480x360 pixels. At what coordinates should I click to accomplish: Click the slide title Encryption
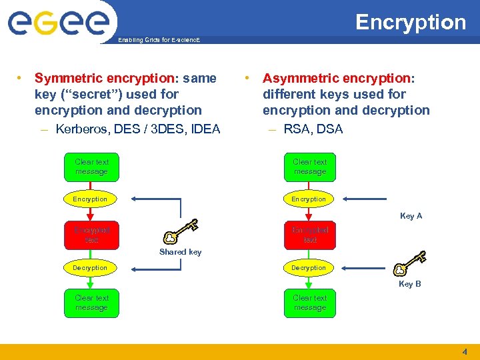tap(410, 22)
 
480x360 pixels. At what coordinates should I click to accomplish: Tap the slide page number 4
tap(465, 351)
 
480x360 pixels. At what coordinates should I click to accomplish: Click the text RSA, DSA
tap(313, 129)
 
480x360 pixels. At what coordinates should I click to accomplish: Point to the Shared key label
tap(180, 252)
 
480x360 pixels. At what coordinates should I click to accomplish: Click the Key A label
tap(411, 216)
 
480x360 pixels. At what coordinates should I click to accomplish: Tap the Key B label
tap(409, 284)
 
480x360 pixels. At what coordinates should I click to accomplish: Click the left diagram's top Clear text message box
tap(91, 167)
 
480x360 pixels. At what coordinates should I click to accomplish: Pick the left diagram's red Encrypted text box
tap(91, 235)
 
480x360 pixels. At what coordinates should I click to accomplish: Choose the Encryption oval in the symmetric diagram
tap(91, 199)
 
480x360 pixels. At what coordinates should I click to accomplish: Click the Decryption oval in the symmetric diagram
tap(91, 267)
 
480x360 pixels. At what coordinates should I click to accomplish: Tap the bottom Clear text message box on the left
tap(91, 303)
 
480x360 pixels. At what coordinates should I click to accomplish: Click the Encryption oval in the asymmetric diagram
tap(309, 199)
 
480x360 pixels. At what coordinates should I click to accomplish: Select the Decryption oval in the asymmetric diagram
tap(309, 267)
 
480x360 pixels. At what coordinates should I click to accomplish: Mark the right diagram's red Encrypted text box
tap(310, 235)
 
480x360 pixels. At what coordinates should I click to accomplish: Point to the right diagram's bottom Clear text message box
tap(310, 303)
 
